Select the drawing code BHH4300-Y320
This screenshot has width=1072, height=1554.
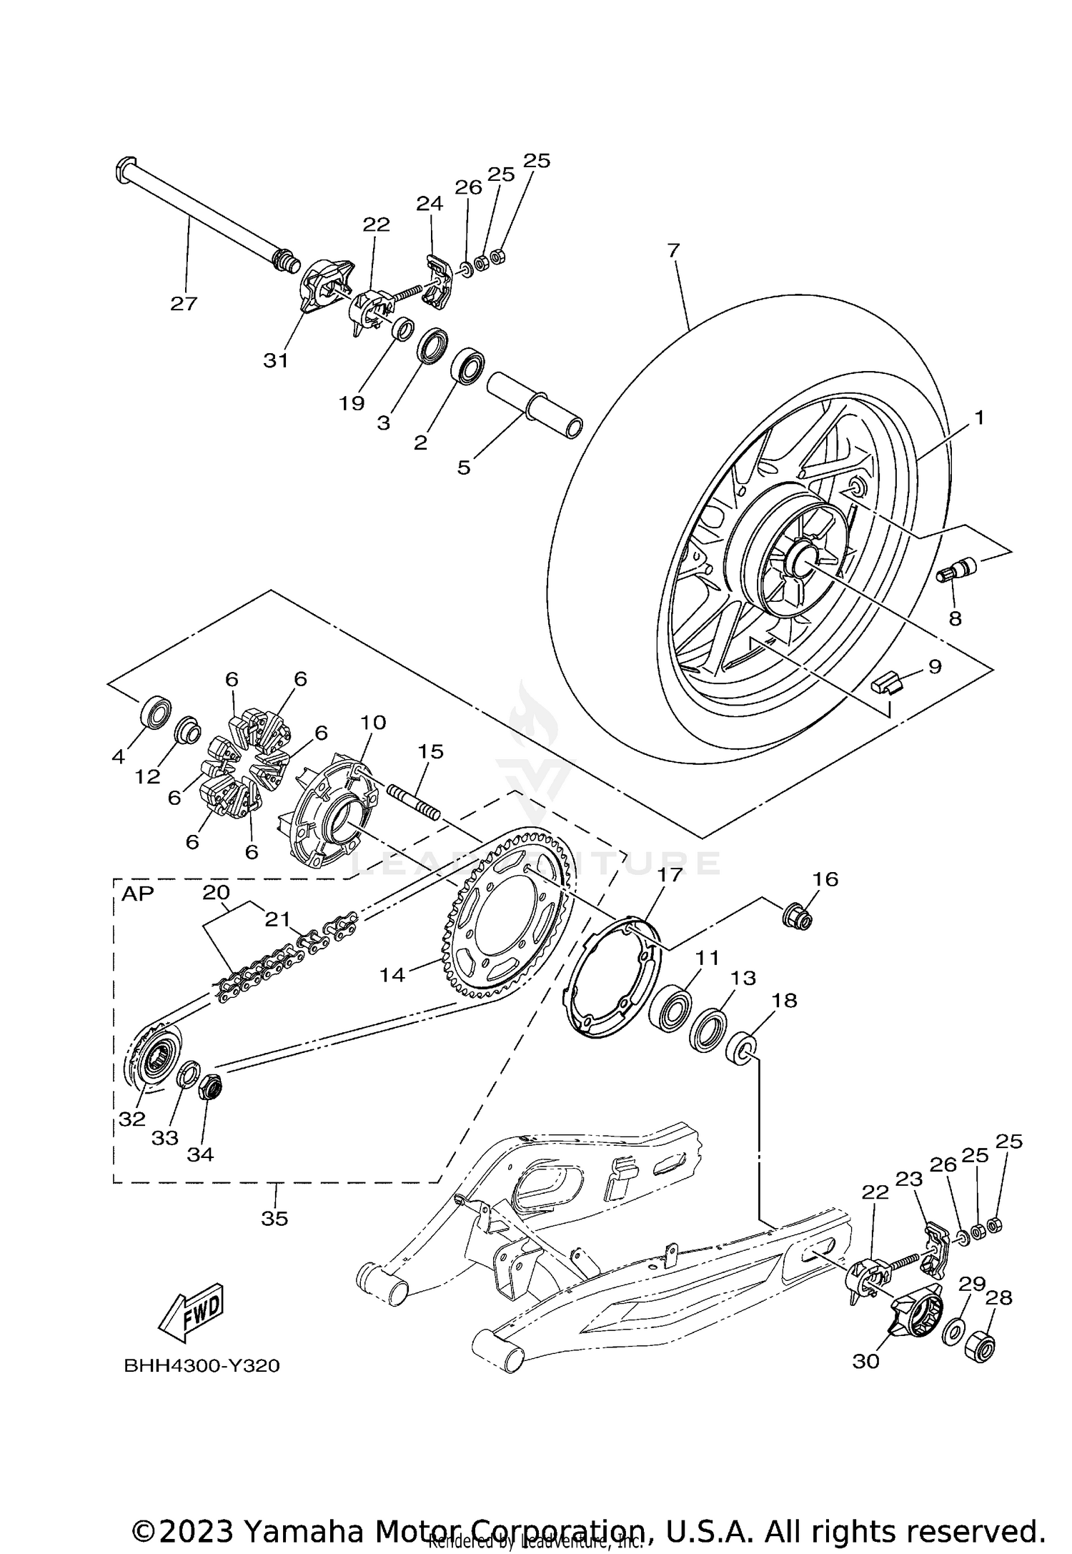[x=202, y=1366]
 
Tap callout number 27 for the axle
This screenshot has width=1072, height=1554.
[x=183, y=304]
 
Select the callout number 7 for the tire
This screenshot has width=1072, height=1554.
[x=673, y=250]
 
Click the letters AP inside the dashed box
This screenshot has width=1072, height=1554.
[x=137, y=894]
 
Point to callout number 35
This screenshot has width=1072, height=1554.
[x=274, y=1219]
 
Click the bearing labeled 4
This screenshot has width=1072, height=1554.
[x=155, y=713]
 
